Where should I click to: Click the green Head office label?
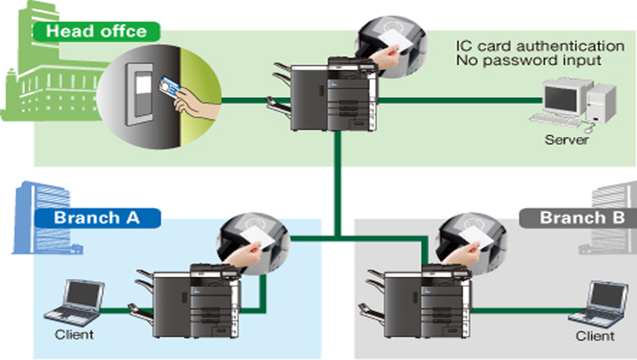(97, 32)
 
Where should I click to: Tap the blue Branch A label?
(97, 218)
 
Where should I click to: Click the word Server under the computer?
(566, 140)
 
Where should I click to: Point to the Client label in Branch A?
(74, 335)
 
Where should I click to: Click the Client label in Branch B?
(595, 336)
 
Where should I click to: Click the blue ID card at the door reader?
(169, 87)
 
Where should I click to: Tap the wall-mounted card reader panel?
(140, 94)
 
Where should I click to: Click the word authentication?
(570, 46)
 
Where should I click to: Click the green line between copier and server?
(460, 100)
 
